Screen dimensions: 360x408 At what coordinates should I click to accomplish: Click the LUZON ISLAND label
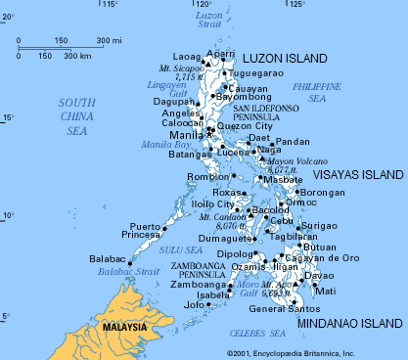point(285,60)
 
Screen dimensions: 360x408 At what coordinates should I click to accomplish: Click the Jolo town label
point(195,305)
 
